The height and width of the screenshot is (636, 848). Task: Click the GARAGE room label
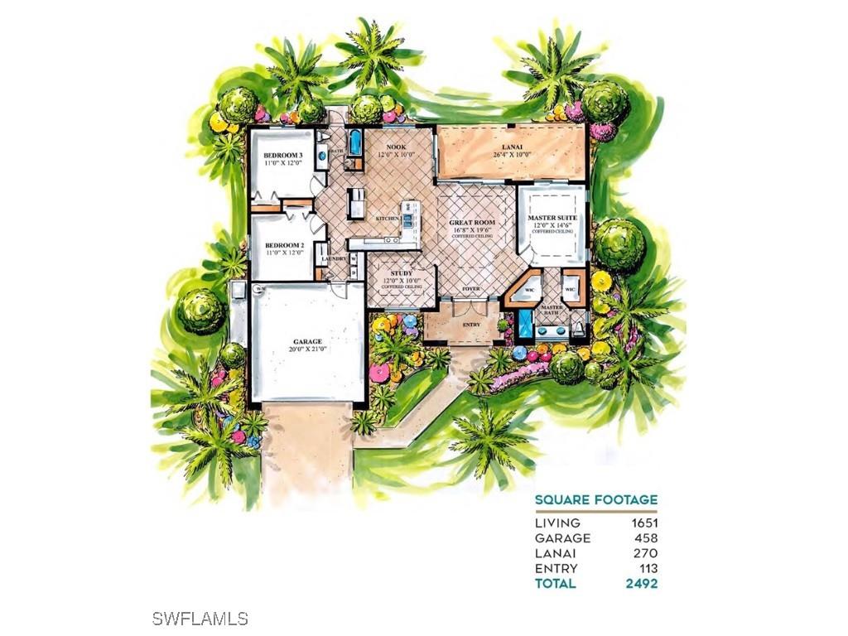[306, 341]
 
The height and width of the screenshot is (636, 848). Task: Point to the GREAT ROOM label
[472, 223]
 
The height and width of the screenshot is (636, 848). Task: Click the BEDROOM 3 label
[282, 156]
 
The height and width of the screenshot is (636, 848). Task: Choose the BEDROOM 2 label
[282, 246]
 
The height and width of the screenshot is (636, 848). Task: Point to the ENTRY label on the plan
[471, 324]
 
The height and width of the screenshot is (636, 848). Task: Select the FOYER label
[471, 288]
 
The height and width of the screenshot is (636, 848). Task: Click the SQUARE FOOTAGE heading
[595, 499]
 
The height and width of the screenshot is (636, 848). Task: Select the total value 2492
[642, 583]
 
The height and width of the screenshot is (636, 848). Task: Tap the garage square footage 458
[645, 538]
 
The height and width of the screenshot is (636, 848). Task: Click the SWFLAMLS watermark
[200, 618]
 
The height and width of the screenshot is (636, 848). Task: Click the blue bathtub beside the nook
[355, 142]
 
